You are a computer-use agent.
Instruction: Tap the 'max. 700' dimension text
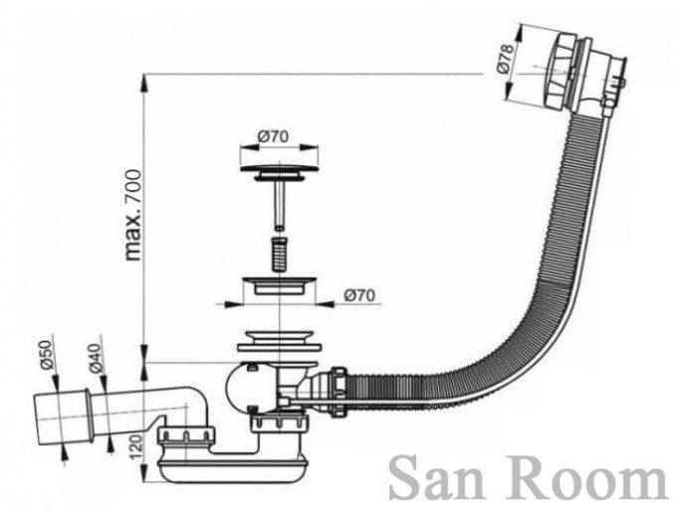pyautogui.click(x=132, y=214)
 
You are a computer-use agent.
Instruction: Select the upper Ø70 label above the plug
pyautogui.click(x=274, y=135)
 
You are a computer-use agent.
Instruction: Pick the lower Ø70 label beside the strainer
pyautogui.click(x=359, y=295)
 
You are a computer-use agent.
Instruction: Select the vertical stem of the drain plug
pyautogui.click(x=280, y=204)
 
